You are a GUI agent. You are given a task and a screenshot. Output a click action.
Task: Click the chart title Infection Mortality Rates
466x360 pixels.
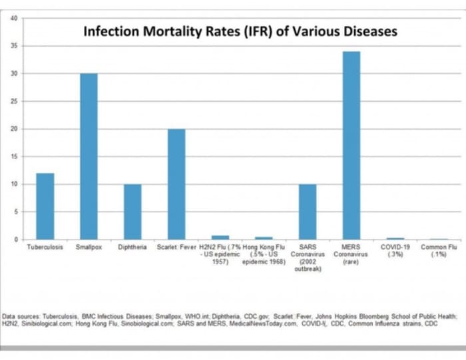coord(240,31)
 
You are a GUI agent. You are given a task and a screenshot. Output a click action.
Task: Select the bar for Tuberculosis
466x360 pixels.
coord(45,206)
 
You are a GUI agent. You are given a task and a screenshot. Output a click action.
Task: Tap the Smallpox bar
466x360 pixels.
coord(89,156)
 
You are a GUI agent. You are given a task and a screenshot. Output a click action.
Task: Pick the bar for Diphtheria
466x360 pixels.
coord(132,211)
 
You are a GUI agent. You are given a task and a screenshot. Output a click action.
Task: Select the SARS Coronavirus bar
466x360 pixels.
coord(308,211)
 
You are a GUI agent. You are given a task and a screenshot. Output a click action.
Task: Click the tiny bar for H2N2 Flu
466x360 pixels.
coord(220,237)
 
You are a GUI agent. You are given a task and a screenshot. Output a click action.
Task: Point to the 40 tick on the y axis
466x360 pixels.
coord(14,18)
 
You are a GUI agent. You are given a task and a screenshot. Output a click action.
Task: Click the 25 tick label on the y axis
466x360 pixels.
coord(14,101)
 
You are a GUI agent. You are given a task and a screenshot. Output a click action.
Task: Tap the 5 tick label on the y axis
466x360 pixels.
coord(15,212)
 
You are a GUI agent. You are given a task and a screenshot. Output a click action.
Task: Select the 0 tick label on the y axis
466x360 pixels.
coord(15,240)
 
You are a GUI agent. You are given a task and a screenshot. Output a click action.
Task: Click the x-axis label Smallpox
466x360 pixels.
coord(89,247)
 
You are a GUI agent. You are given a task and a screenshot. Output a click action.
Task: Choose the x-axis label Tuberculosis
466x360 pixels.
coord(45,247)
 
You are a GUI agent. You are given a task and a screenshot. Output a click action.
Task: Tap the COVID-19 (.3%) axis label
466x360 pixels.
coord(395,250)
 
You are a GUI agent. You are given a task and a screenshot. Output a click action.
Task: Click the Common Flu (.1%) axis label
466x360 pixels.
coord(438,250)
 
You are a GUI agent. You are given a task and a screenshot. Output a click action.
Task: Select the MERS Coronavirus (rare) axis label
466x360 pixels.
coord(351,254)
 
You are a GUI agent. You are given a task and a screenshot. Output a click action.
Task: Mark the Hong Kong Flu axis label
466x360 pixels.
coord(264,254)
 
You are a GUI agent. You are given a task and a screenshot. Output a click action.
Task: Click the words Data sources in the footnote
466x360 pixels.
coord(21,317)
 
